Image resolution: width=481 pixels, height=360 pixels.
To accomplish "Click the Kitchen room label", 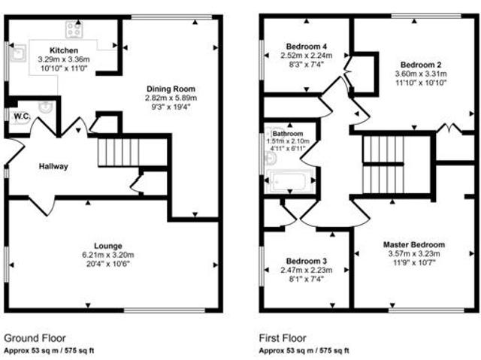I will pos(63,50).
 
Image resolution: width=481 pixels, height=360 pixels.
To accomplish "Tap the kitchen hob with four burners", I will pos(74,29).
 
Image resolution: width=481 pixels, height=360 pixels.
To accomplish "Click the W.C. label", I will pos(20,115).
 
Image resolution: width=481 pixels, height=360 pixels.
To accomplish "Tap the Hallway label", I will pos(53,167).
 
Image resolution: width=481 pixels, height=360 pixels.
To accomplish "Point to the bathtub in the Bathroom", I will pos(290,181).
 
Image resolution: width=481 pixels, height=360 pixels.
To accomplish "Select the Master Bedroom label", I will pos(413,245).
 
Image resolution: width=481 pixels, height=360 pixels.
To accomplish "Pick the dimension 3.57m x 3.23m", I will pos(414,254).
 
